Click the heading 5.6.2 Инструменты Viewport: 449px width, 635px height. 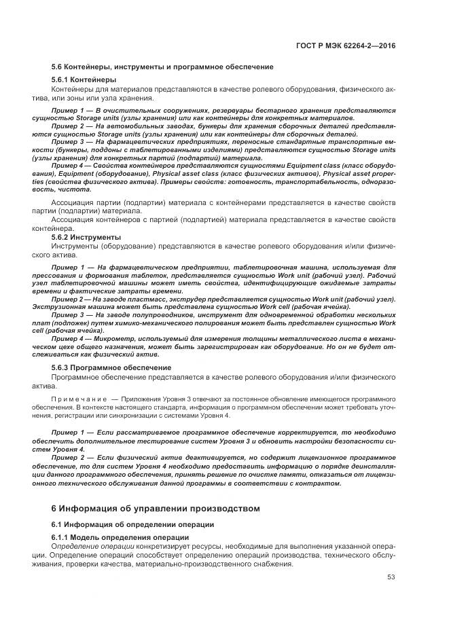coord(86,237)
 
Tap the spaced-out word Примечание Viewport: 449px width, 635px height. coord(79,396)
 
